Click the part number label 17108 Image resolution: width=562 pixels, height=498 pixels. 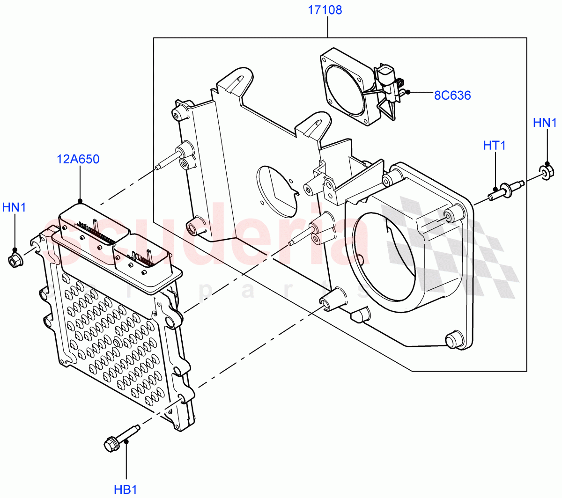(325, 10)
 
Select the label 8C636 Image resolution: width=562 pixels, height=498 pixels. (452, 95)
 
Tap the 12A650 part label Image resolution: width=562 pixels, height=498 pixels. (78, 160)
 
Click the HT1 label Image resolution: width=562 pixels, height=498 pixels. (494, 146)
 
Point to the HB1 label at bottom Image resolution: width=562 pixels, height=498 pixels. (126, 490)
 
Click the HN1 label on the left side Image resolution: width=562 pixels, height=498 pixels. (14, 207)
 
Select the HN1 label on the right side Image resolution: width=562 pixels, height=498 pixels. (545, 123)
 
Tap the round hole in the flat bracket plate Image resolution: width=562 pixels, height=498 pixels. (277, 190)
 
